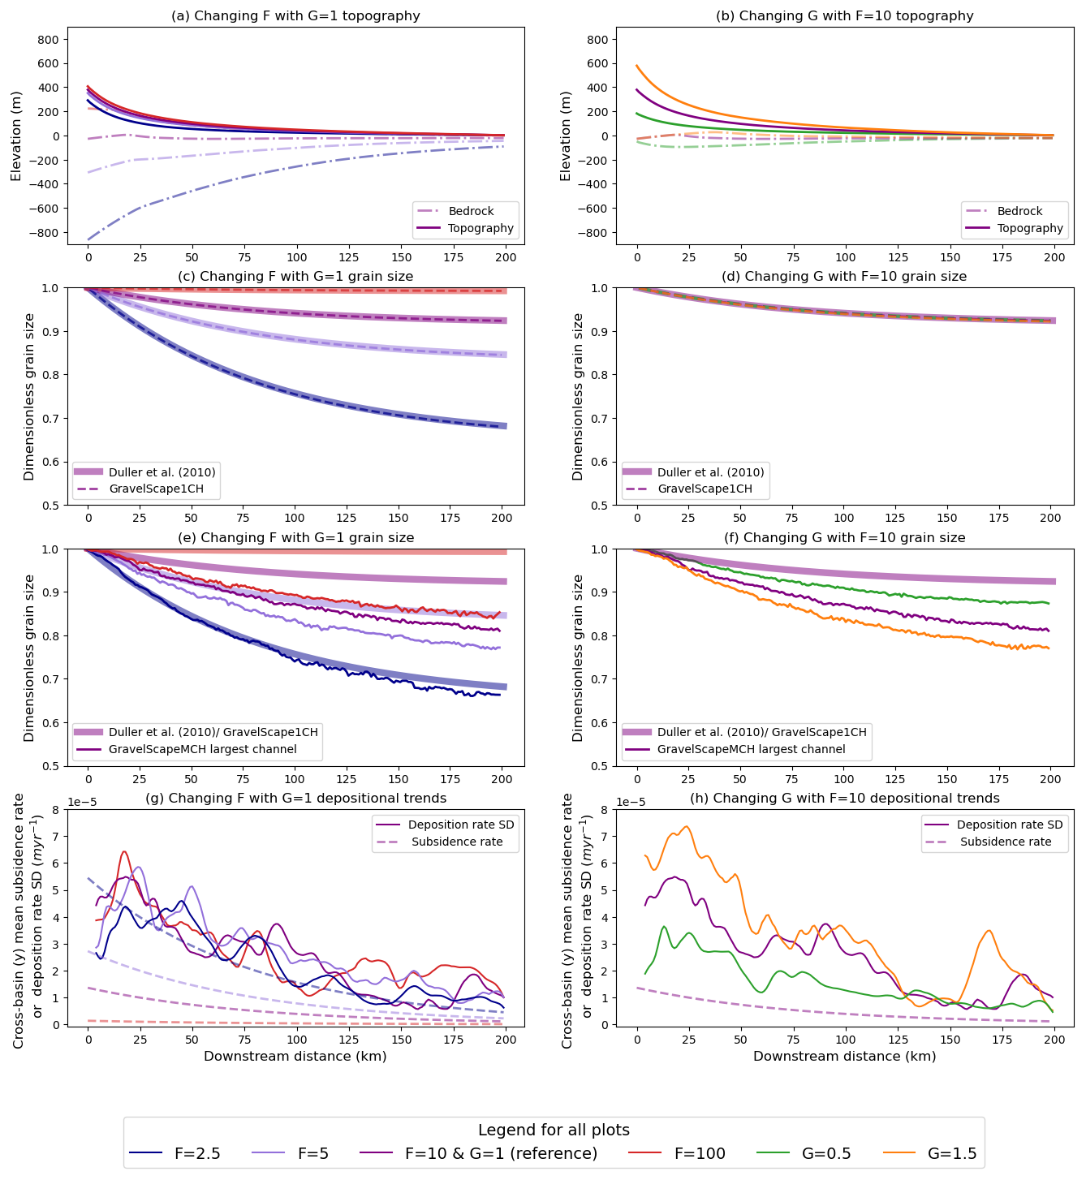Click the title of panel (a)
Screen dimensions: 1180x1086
coord(295,16)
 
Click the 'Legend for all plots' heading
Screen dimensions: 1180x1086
coord(554,1130)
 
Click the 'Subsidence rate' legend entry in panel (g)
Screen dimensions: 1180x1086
coord(457,842)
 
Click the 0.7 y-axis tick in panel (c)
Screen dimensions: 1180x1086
coord(51,419)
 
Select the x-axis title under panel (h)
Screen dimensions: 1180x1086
coord(844,1056)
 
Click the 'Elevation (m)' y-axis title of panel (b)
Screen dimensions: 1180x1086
coord(566,136)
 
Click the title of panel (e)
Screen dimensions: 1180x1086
coord(295,537)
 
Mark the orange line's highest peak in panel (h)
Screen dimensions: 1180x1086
coord(686,826)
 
